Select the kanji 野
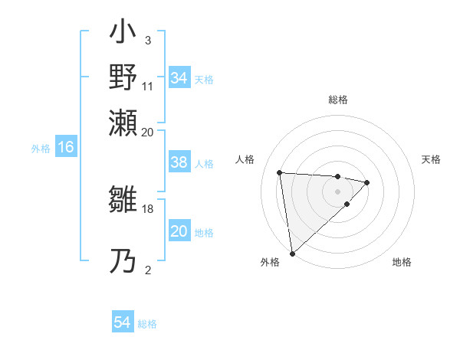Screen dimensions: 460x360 pyautogui.click(x=123, y=77)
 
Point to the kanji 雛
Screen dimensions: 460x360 pyautogui.click(x=123, y=202)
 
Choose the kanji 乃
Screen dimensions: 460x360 pyautogui.click(x=123, y=261)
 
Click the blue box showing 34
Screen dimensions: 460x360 pyautogui.click(x=179, y=78)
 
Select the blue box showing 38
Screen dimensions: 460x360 pyautogui.click(x=179, y=162)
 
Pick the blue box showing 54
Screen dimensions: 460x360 pyautogui.click(x=123, y=322)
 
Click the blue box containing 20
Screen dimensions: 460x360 pyautogui.click(x=179, y=231)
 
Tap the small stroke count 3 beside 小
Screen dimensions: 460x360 pyautogui.click(x=147, y=41)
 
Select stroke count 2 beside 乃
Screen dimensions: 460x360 pyautogui.click(x=147, y=269)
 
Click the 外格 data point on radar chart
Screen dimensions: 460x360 pyautogui.click(x=292, y=253)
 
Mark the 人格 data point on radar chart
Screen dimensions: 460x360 pyautogui.click(x=280, y=172)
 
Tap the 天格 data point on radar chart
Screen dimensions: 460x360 pyautogui.click(x=367, y=182)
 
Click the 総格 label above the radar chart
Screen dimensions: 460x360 pyautogui.click(x=337, y=100)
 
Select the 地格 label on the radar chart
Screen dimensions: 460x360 pyautogui.click(x=402, y=262)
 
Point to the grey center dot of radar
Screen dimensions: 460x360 pyautogui.click(x=337, y=191)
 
